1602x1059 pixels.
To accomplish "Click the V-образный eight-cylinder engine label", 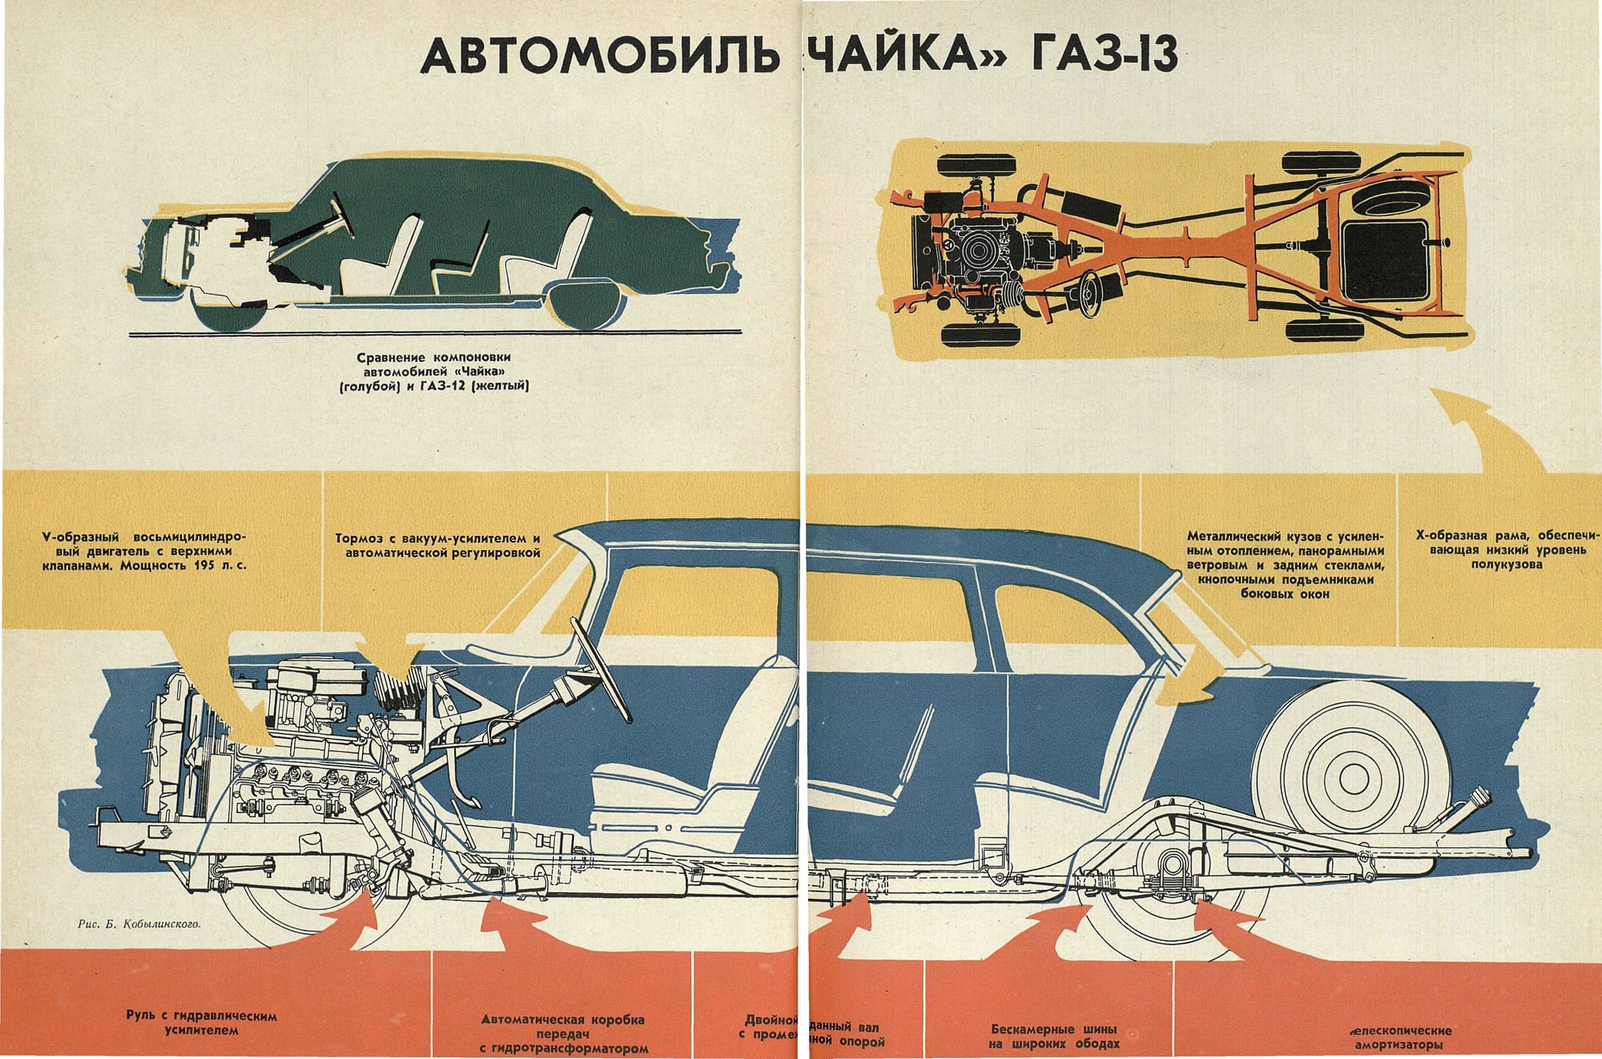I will [144, 550].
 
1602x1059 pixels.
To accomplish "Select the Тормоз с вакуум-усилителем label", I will [437, 546].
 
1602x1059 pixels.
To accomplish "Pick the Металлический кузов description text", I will [1285, 565].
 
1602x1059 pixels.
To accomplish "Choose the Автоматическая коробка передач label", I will [563, 1033].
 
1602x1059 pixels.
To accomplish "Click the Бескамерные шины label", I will [1054, 1036].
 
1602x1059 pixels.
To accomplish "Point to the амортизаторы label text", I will [1399, 1037].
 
